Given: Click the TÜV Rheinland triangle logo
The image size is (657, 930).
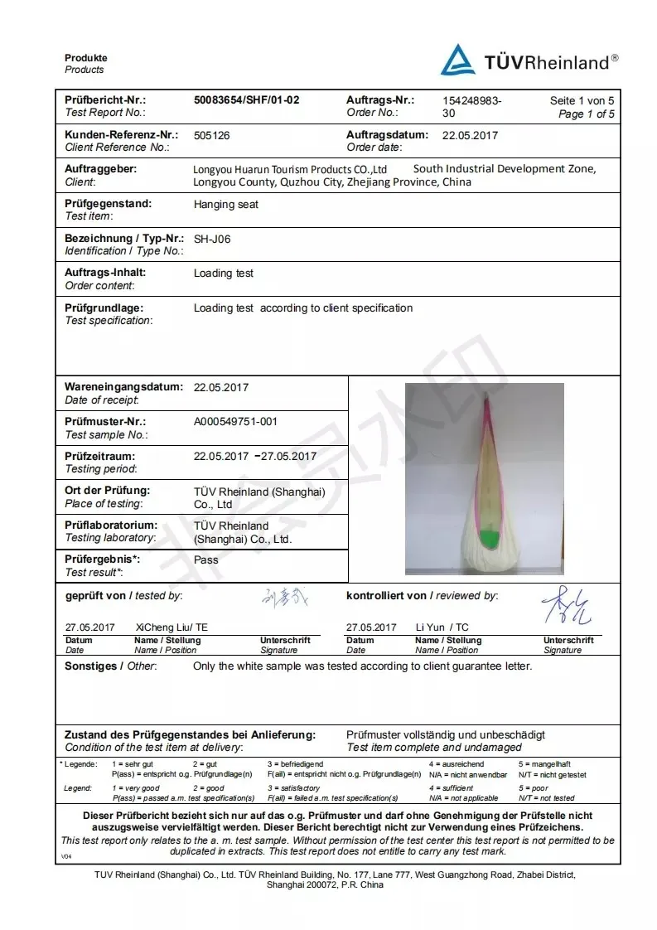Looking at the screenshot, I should coord(457,61).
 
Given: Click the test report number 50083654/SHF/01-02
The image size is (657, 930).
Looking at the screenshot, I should coord(246,100).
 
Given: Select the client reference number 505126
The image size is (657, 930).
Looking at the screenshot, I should coord(211,135).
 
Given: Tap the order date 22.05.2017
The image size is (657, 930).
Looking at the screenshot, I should coord(470,135).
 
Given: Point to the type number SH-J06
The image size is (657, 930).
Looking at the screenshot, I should coord(212,239).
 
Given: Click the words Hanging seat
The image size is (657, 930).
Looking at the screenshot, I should coord(225,205).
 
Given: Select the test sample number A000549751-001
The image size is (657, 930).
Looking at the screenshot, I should coord(235,422).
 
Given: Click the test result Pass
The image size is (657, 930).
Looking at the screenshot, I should coord(205,560).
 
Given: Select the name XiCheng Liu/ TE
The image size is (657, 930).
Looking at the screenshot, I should coord(171,628).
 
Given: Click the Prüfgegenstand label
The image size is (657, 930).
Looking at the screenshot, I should coord(108,204).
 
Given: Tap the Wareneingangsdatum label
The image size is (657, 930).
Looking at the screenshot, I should coord(123,387).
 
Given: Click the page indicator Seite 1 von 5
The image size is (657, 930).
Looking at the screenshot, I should coord(582,101).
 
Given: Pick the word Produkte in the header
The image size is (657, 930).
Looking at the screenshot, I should coord(86,58).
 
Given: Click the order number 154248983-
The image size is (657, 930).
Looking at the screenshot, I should coord(471,101).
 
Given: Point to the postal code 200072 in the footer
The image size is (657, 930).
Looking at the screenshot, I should coord(322,885).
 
